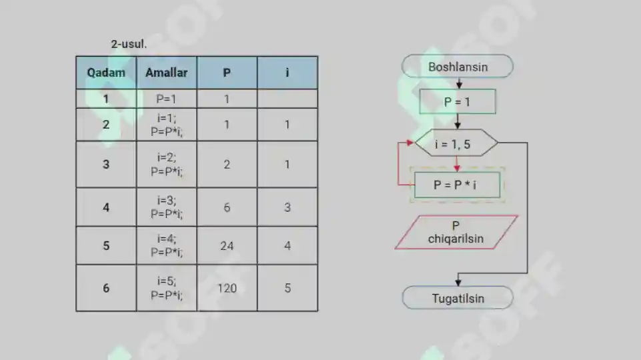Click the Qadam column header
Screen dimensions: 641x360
(x=106, y=73)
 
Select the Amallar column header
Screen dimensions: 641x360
(x=166, y=73)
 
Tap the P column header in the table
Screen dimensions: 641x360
(x=227, y=73)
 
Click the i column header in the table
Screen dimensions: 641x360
(x=287, y=73)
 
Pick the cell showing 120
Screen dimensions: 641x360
(x=227, y=288)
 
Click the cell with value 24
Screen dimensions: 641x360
(x=227, y=245)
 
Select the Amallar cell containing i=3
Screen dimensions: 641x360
(x=166, y=207)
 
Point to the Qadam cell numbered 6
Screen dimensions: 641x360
(x=106, y=288)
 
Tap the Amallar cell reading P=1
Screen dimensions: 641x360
(x=166, y=99)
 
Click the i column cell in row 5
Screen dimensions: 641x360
(x=287, y=245)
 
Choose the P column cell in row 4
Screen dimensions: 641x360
(x=227, y=207)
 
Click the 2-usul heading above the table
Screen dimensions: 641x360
(x=129, y=44)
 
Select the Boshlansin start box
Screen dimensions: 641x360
(x=458, y=66)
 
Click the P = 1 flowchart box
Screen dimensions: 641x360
(x=458, y=102)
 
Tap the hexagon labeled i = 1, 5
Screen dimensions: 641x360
(x=456, y=143)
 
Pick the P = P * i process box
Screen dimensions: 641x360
(x=457, y=185)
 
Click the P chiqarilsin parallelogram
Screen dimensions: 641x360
(x=456, y=232)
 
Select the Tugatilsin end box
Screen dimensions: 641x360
(x=458, y=298)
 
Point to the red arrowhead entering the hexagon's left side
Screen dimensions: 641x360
(x=410, y=143)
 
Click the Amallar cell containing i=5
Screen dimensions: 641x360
(x=166, y=288)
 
